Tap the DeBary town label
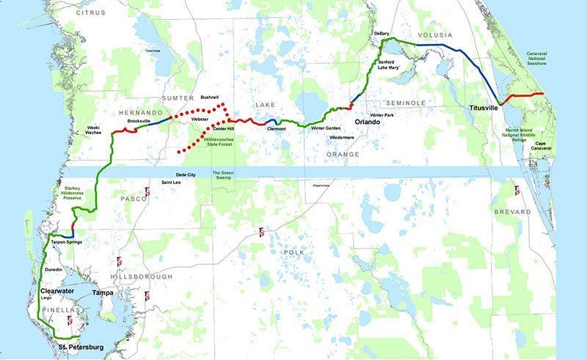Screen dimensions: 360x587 (382, 34)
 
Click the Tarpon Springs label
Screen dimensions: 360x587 (65, 240)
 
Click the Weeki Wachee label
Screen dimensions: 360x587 (93, 131)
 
